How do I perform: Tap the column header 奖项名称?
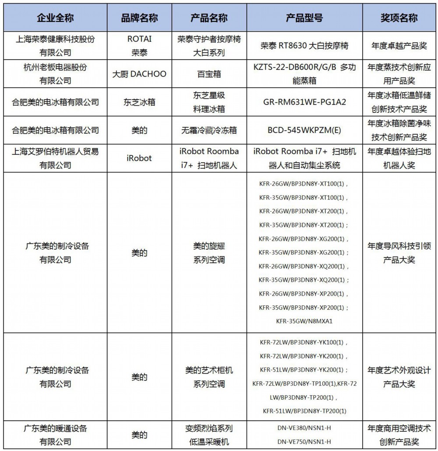pos(399,18)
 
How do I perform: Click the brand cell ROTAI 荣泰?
pos(139,46)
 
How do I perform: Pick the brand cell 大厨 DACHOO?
pos(139,74)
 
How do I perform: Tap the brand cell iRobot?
pos(139,158)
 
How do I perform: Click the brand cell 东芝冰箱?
pos(139,102)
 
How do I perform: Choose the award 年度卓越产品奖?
pos(399,46)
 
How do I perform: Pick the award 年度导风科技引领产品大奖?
pos(399,253)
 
